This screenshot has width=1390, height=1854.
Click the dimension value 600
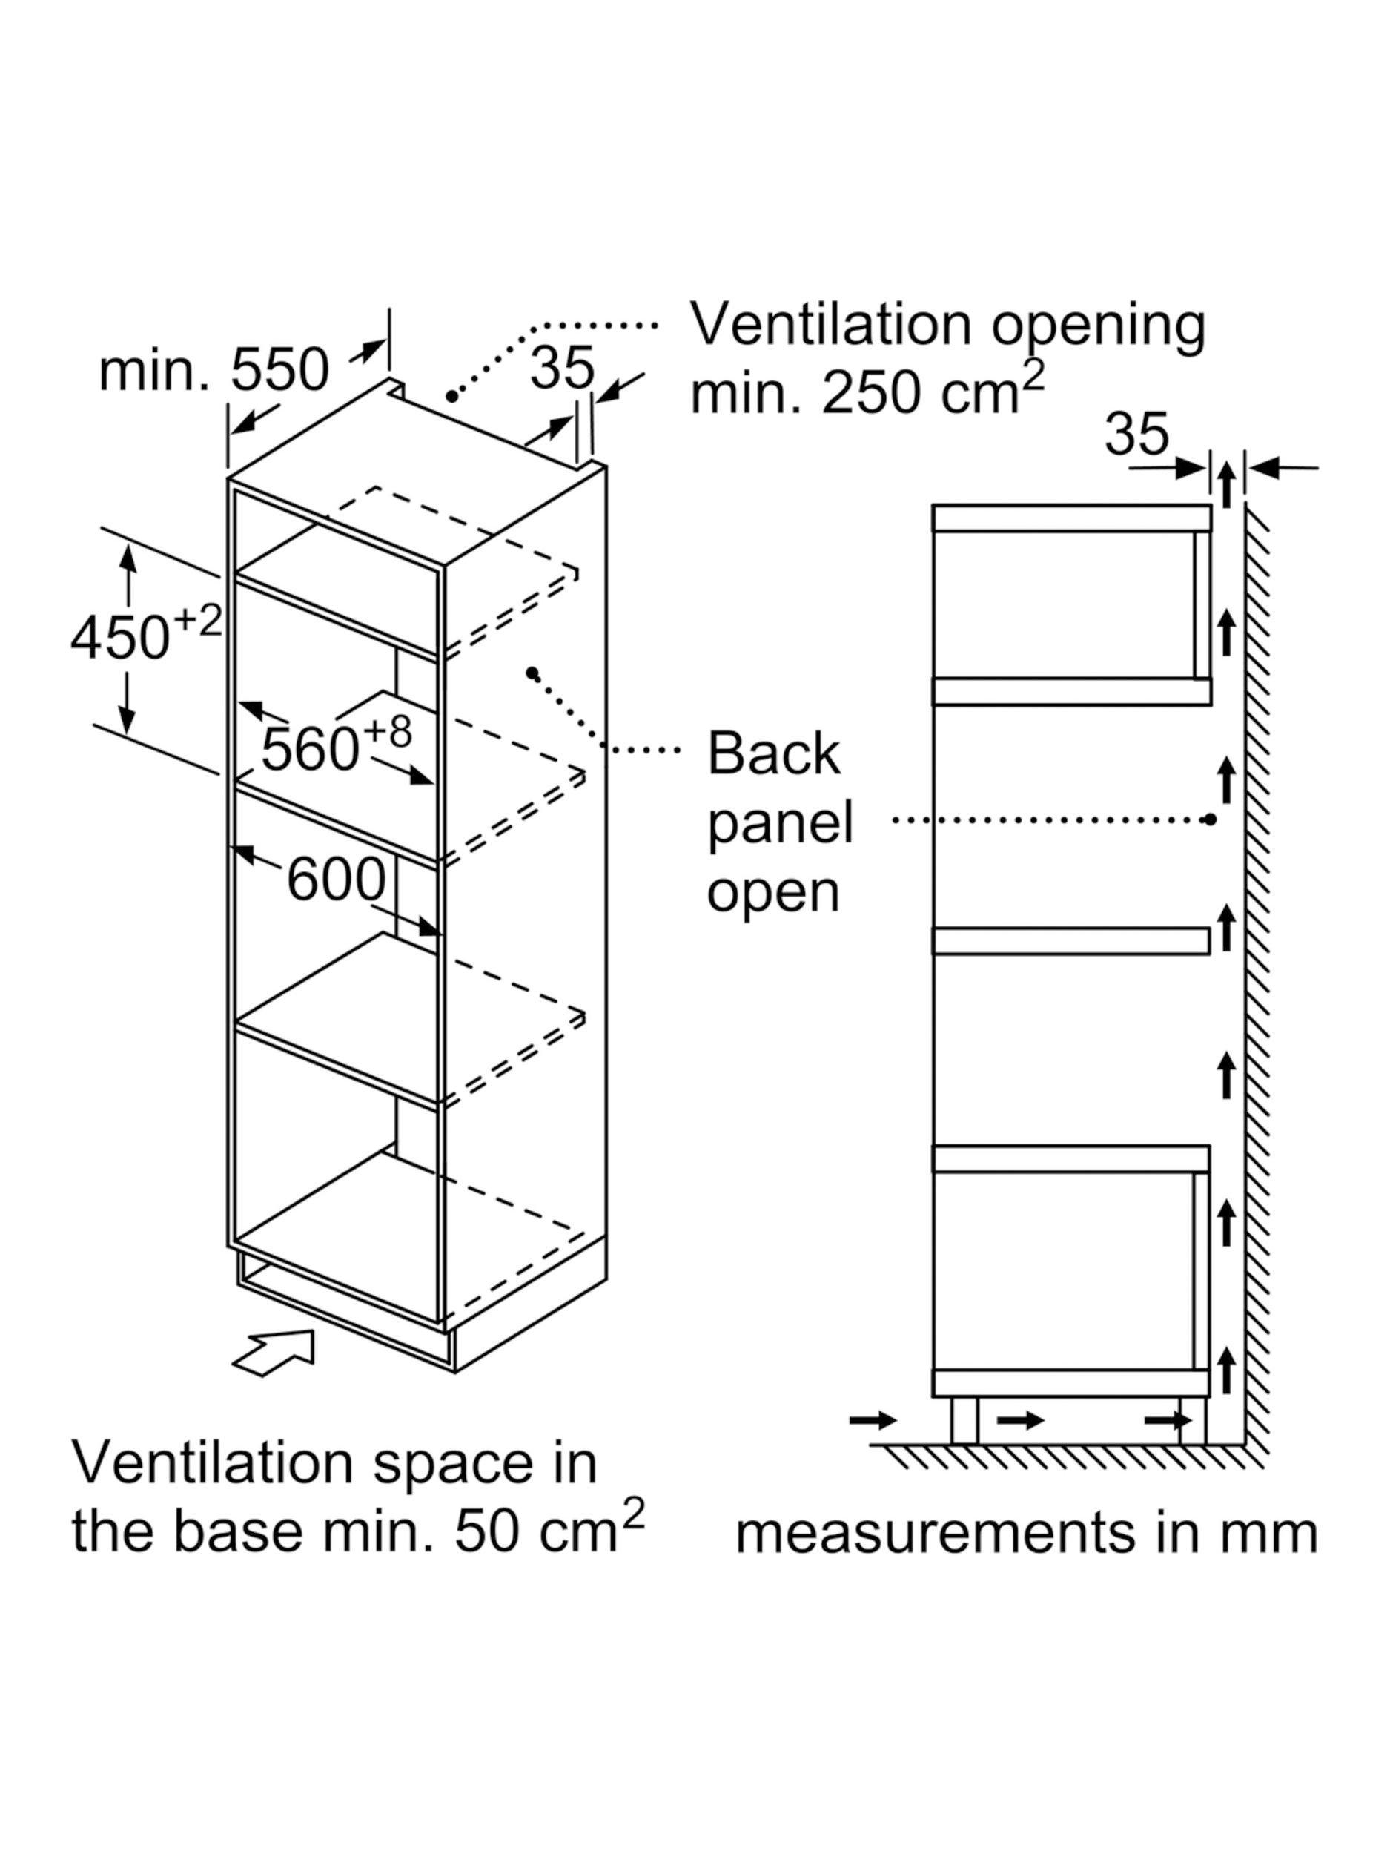(335, 880)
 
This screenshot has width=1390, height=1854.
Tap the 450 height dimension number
(120, 637)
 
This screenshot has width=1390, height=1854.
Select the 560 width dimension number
(309, 748)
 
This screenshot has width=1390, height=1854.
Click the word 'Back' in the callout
(773, 753)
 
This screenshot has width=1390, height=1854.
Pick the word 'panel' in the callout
(780, 823)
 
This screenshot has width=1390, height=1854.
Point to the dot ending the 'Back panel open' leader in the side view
(1209, 819)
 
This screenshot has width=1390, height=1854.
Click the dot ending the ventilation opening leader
(451, 395)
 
